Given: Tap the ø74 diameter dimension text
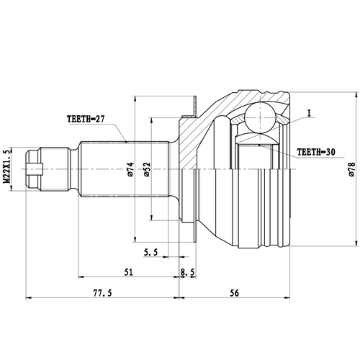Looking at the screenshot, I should pyautogui.click(x=130, y=170).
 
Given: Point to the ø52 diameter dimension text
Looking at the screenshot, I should pyautogui.click(x=146, y=170).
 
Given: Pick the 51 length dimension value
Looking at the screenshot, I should pyautogui.click(x=128, y=272).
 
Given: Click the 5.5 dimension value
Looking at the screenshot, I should pyautogui.click(x=150, y=252).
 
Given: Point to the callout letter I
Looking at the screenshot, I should pyautogui.click(x=307, y=113).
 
